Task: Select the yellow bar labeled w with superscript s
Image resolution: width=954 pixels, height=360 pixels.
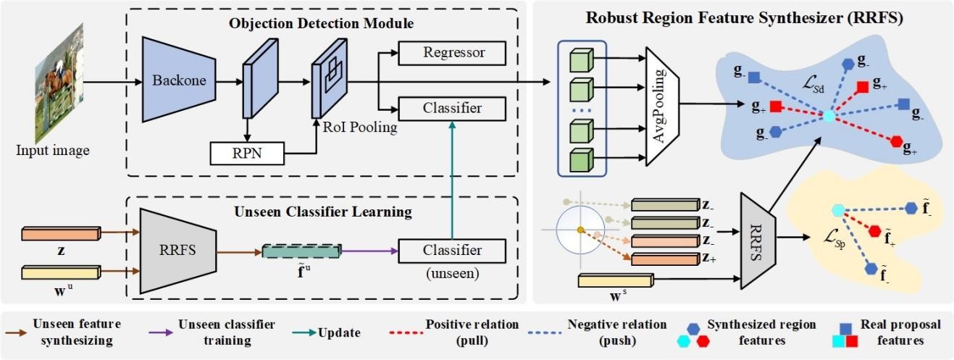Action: [x=615, y=280]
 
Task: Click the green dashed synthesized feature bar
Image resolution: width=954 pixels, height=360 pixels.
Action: [x=301, y=251]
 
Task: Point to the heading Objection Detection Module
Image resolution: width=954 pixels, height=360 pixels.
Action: [x=322, y=23]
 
